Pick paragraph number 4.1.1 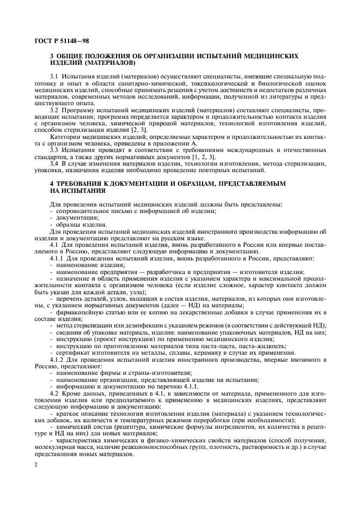click(57, 257)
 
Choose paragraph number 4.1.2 click(57, 360)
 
